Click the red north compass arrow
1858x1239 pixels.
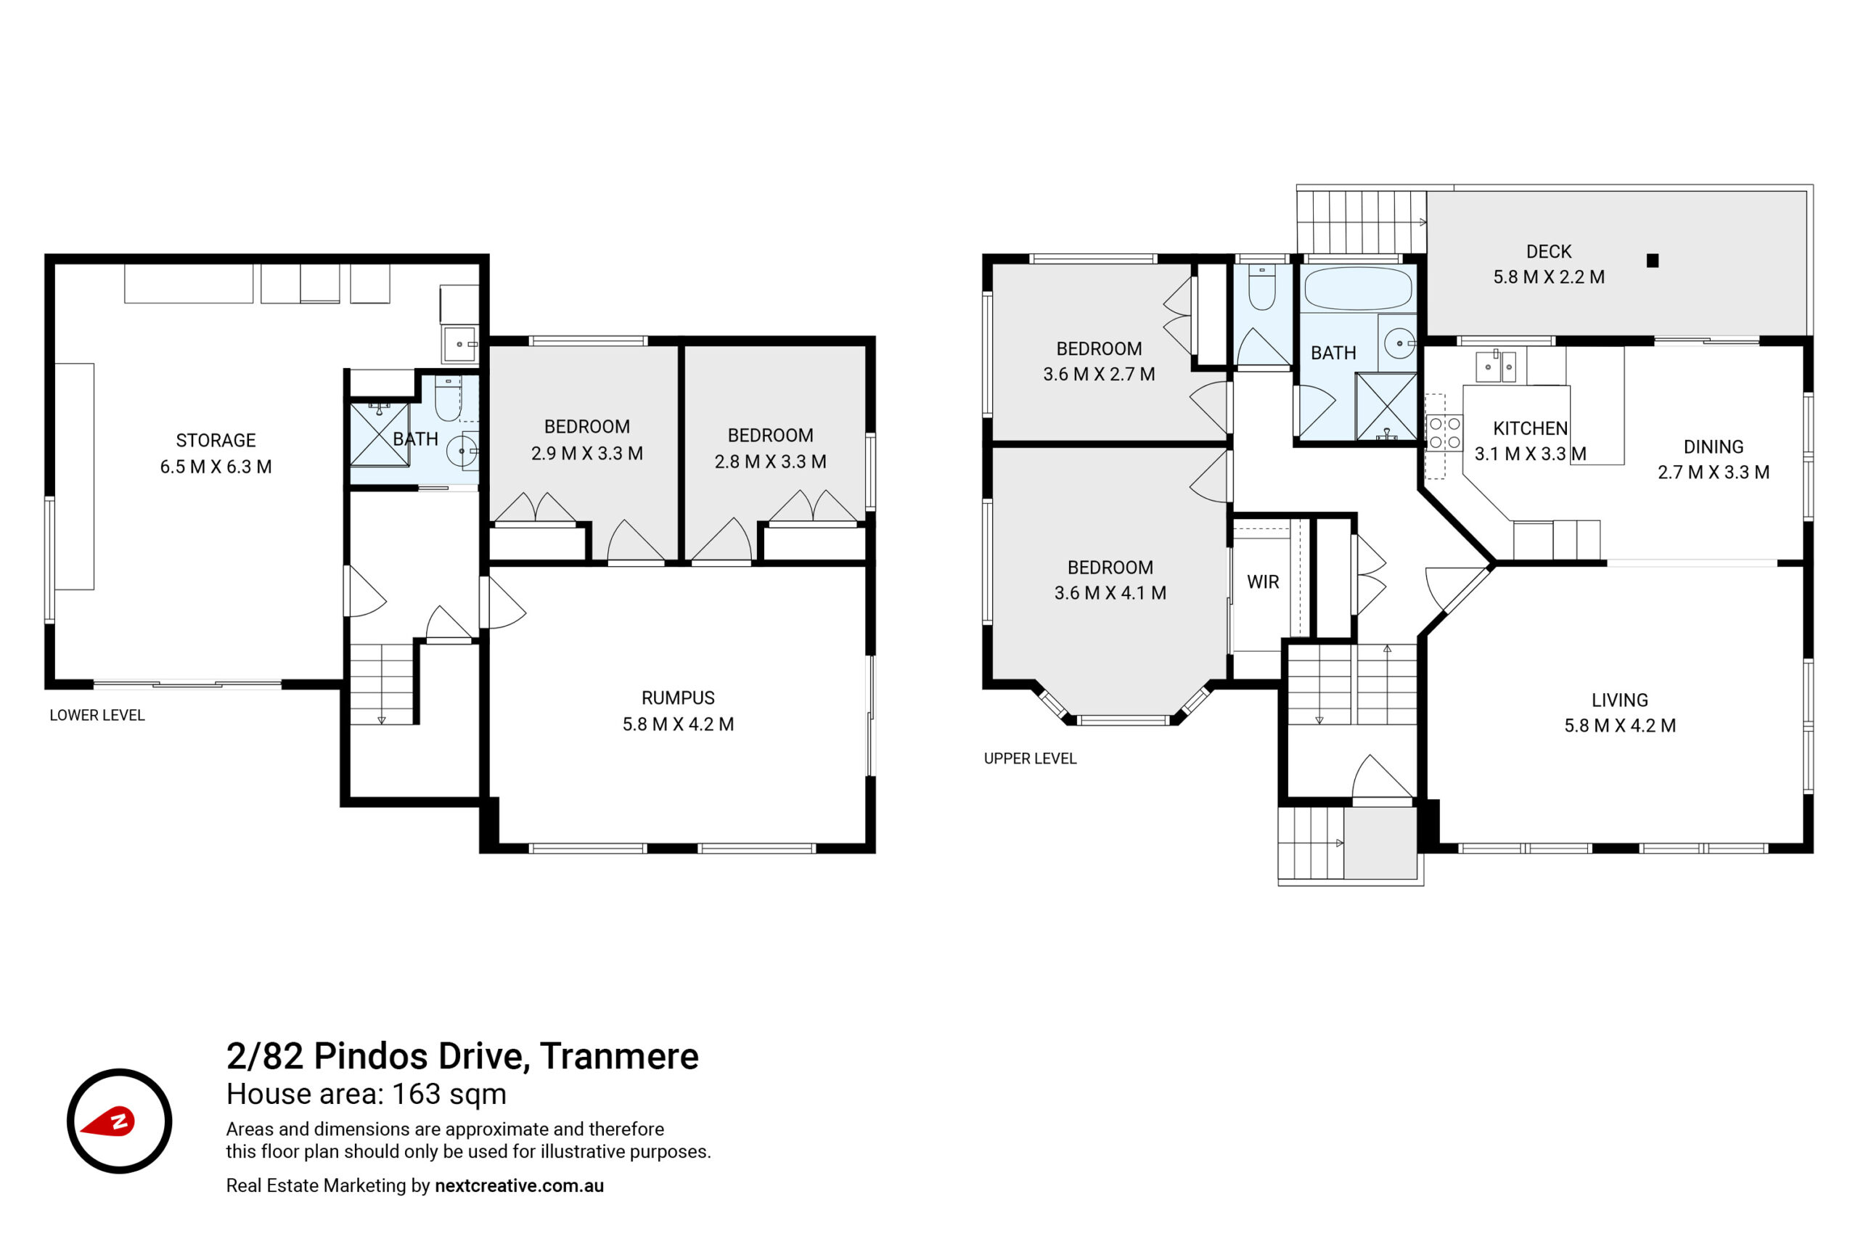109,1122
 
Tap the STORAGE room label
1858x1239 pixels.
216,441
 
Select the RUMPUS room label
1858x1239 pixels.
678,698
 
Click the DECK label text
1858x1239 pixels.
1548,251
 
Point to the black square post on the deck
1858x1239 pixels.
1652,261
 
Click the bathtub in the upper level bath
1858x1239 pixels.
1358,288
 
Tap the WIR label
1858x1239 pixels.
1262,582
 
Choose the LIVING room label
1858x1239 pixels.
1619,700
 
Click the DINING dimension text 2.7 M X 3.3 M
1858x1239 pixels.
1713,473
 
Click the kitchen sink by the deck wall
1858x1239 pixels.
1495,367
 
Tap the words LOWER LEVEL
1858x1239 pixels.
97,715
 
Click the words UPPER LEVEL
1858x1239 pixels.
1030,758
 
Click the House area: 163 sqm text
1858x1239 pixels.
367,1095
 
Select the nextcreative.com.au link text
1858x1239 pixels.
519,1185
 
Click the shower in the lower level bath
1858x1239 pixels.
379,435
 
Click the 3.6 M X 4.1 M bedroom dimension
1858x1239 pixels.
1110,592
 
